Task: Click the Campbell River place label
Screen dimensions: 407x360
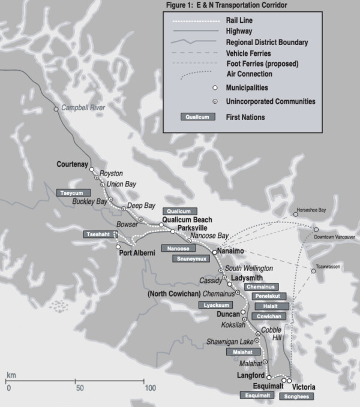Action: click(x=83, y=107)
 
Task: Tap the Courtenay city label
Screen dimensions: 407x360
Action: click(x=72, y=164)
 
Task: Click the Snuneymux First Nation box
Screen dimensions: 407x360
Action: click(x=192, y=259)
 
